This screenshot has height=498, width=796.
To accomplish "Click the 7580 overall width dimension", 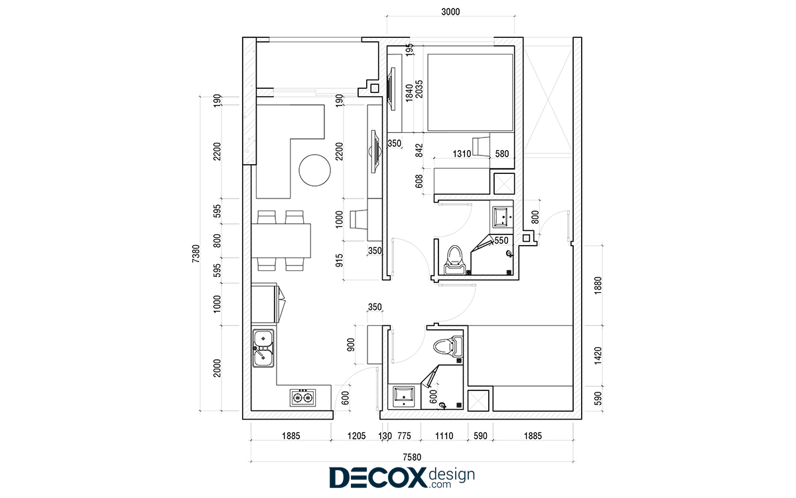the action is coord(412,457).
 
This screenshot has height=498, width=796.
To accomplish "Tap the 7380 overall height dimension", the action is coord(196,254).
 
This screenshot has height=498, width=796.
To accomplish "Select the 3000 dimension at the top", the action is coord(450,12).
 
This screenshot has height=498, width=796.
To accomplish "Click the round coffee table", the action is coord(314,170).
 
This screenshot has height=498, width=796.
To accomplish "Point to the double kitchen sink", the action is coord(263,348).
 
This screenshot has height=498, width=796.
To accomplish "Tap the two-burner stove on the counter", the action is coord(302,398).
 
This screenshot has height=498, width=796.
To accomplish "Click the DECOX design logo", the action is coord(402,477).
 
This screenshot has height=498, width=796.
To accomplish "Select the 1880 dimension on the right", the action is coord(598,286).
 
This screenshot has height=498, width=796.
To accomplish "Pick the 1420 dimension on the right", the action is coord(598,355).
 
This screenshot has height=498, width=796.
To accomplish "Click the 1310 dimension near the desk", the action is coord(462,153).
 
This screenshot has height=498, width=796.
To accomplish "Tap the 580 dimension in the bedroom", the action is coord(501,153).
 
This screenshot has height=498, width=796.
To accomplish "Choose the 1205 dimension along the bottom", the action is coord(356,436).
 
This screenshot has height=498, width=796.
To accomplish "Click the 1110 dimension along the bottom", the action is coord(444,436).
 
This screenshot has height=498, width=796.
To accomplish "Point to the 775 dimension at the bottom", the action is coord(404,436).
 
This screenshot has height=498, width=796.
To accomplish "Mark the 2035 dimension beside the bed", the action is coord(419,89).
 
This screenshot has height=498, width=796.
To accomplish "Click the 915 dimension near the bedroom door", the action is coord(340,260).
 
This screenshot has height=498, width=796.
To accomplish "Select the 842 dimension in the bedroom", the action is coord(419,150).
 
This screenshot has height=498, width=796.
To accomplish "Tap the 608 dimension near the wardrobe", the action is coord(419,181).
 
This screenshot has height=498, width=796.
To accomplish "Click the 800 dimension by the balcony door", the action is coord(535,217).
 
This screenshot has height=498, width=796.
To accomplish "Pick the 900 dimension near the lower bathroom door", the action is coord(351,345).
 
